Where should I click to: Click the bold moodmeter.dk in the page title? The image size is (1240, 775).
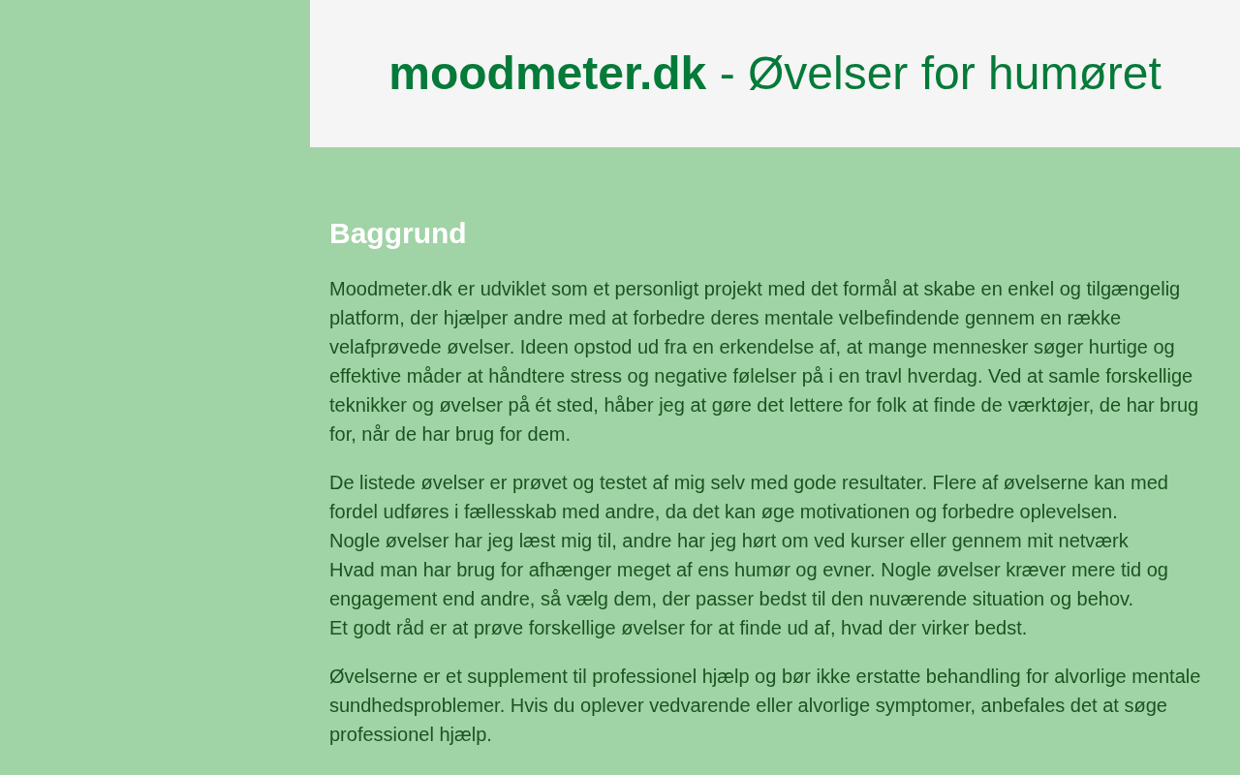pos(547,74)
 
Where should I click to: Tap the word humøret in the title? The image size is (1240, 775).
pos(1074,74)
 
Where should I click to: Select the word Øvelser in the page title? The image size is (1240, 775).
pos(828,74)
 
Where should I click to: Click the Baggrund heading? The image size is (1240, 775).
pos(397,233)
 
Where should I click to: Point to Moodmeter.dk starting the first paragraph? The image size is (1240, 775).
pos(390,289)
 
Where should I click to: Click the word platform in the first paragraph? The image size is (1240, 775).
pos(364,318)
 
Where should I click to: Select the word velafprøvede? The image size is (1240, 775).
pos(386,347)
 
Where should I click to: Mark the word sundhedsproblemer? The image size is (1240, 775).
pos(415,705)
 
